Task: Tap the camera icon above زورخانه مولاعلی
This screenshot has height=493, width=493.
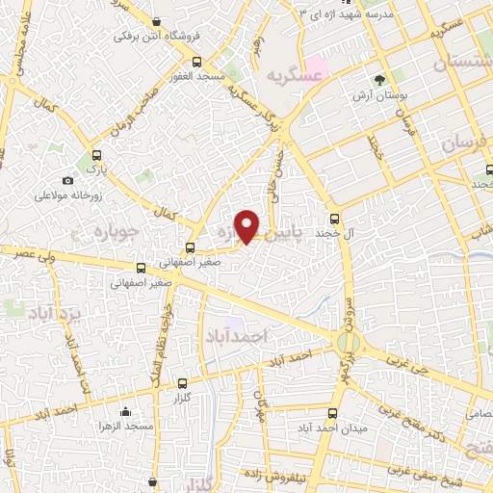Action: tap(67, 181)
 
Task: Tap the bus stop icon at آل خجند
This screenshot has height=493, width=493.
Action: tap(335, 218)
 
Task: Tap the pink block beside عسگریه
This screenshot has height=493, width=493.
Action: tap(317, 73)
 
